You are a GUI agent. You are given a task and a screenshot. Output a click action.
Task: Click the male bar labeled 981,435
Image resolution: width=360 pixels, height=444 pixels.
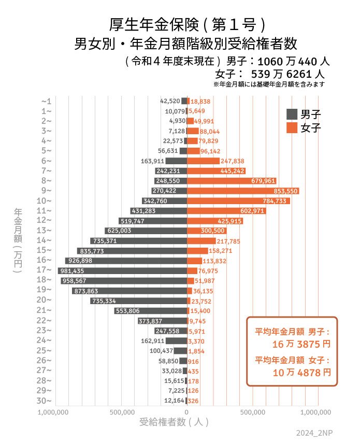(122, 271)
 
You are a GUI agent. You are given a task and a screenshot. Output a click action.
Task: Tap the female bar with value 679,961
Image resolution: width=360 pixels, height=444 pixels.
(232, 181)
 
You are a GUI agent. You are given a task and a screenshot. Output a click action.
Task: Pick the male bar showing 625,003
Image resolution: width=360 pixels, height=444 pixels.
(146, 231)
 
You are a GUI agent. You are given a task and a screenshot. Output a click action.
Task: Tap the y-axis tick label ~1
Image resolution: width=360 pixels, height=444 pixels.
(46, 101)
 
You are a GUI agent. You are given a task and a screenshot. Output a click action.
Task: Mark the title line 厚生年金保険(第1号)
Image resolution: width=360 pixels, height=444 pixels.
(188, 24)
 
